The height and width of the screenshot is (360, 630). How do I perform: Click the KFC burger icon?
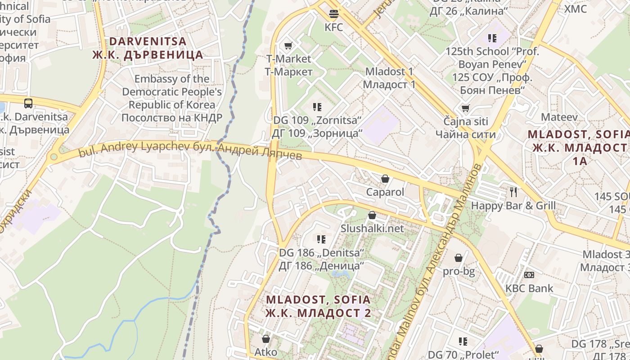coord(333,14)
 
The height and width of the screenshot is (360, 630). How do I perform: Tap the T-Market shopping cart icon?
coord(288,45)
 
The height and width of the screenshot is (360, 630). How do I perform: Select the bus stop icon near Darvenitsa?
coord(28,103)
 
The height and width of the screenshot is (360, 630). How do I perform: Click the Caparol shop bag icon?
coord(385,179)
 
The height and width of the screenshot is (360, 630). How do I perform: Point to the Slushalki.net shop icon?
coord(372,215)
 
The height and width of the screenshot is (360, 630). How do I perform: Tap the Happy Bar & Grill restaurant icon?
coord(513,192)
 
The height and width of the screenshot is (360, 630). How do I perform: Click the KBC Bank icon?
coord(529,274)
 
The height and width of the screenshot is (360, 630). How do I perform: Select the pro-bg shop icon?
coord(459,258)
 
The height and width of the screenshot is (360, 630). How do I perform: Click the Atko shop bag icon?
coord(266,338)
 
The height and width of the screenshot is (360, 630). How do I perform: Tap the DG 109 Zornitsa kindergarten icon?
coord(317,107)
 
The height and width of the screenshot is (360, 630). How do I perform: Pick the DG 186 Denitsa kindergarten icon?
coord(321,239)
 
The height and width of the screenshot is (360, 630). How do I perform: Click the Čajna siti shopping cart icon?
coord(465,108)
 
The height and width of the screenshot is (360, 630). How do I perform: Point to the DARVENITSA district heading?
coord(148,41)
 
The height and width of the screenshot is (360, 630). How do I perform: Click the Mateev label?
coord(559,117)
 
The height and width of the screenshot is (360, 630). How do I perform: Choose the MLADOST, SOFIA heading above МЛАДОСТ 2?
coord(318,300)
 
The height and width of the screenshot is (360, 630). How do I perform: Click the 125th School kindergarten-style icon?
coord(492,38)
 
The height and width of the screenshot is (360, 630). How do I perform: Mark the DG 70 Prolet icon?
coord(463,342)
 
